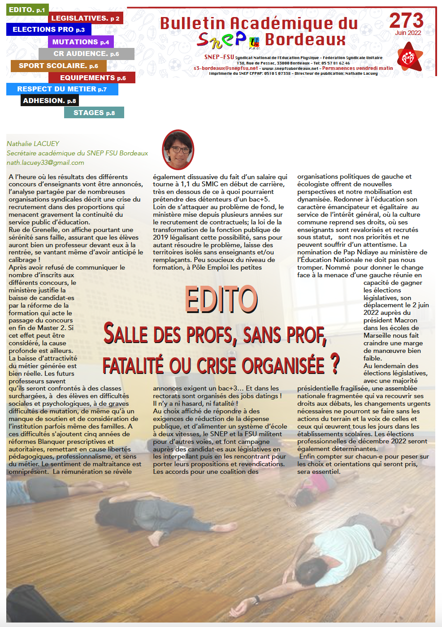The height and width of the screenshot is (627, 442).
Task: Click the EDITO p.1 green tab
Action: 27,10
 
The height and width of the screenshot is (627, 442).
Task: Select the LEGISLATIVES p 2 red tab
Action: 85,18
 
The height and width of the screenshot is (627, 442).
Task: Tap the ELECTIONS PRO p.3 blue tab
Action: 48,30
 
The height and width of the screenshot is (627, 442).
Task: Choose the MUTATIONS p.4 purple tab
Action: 81,42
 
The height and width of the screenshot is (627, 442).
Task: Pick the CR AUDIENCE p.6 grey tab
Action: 86,54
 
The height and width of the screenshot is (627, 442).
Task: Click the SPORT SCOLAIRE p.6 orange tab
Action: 58,66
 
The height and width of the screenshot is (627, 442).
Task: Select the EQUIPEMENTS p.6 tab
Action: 93,78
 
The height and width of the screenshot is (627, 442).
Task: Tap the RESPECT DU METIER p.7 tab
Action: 62,89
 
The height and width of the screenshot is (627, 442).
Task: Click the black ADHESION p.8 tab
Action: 49,101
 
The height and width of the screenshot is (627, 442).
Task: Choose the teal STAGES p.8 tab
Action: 94,113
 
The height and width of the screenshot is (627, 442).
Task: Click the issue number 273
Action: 406,21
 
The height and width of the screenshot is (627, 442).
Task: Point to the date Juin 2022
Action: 408,33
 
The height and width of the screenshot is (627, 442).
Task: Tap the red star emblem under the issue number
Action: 409,57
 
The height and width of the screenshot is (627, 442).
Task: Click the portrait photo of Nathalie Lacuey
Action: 178,150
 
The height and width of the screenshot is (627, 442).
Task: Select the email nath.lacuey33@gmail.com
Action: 45,163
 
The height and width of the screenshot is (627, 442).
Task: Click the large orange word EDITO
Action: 221,299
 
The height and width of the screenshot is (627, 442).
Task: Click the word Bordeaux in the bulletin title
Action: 305,40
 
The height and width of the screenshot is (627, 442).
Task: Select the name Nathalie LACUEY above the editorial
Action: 33,144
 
